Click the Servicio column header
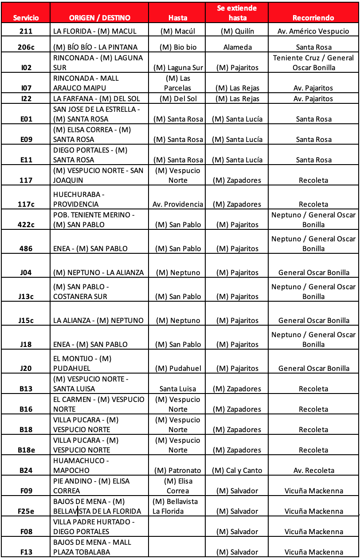(26, 18)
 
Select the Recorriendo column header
(313, 18)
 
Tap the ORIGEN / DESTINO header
(100, 18)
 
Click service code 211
(26, 31)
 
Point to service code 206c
(26, 47)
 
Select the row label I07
(26, 88)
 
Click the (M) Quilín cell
(237, 31)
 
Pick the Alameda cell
(237, 47)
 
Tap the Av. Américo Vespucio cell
(313, 31)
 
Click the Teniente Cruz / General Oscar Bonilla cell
(313, 63)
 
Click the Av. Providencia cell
(178, 204)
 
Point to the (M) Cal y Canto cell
(237, 470)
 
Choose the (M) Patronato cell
(178, 470)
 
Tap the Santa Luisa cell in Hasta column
(178, 389)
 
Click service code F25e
(26, 511)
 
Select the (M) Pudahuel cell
(178, 368)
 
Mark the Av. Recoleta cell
(313, 470)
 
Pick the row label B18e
(26, 450)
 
